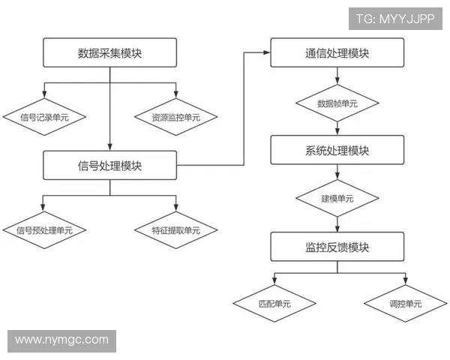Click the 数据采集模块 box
pos(110,52)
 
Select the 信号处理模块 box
pos(110,165)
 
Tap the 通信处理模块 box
pos(337,52)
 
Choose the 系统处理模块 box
pos(337,150)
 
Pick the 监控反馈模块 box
pos(337,247)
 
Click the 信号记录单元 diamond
pos(44,117)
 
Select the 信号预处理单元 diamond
pos(44,230)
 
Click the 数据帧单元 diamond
pos(337,103)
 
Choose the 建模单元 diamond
pos(337,199)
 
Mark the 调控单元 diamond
pos(406,304)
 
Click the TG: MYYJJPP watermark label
pos(394,19)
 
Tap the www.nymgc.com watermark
pos(61,340)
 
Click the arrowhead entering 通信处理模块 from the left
pos(267,52)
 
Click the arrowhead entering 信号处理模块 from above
pos(110,147)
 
